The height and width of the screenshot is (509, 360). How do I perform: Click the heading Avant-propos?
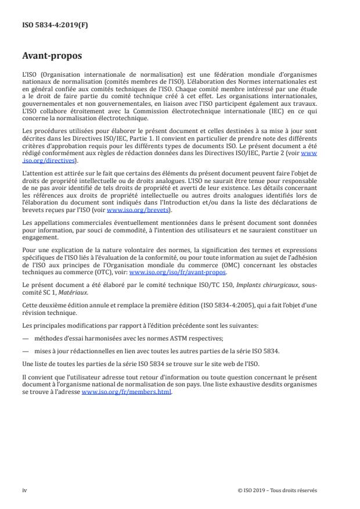(x=52, y=57)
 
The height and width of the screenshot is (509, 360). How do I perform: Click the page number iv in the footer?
(x=24, y=490)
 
